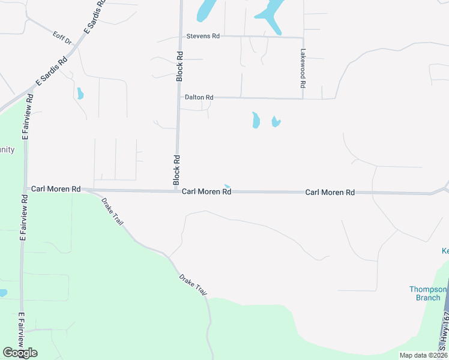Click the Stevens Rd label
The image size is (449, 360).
pyautogui.click(x=203, y=36)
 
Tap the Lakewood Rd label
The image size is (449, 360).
pyautogui.click(x=303, y=65)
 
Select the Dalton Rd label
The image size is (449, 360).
pyautogui.click(x=199, y=97)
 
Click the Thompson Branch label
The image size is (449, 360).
pyautogui.click(x=429, y=293)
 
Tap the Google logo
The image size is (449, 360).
pyautogui.click(x=20, y=352)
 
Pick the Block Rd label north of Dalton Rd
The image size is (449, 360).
pyautogui.click(x=179, y=65)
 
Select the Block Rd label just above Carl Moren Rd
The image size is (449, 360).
pyautogui.click(x=176, y=170)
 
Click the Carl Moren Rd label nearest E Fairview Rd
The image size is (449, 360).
pyautogui.click(x=56, y=188)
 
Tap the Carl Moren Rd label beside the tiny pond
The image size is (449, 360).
pyautogui.click(x=206, y=192)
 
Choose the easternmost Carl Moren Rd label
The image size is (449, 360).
pyautogui.click(x=330, y=193)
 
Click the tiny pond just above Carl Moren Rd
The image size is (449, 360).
pyautogui.click(x=226, y=185)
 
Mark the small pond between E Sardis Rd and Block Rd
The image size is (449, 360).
pyautogui.click(x=80, y=93)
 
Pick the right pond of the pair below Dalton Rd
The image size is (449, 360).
pyautogui.click(x=276, y=122)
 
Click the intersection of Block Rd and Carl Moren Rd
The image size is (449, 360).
pyautogui.click(x=175, y=191)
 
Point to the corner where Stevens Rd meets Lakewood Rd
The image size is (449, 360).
pyautogui.click(x=303, y=37)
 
